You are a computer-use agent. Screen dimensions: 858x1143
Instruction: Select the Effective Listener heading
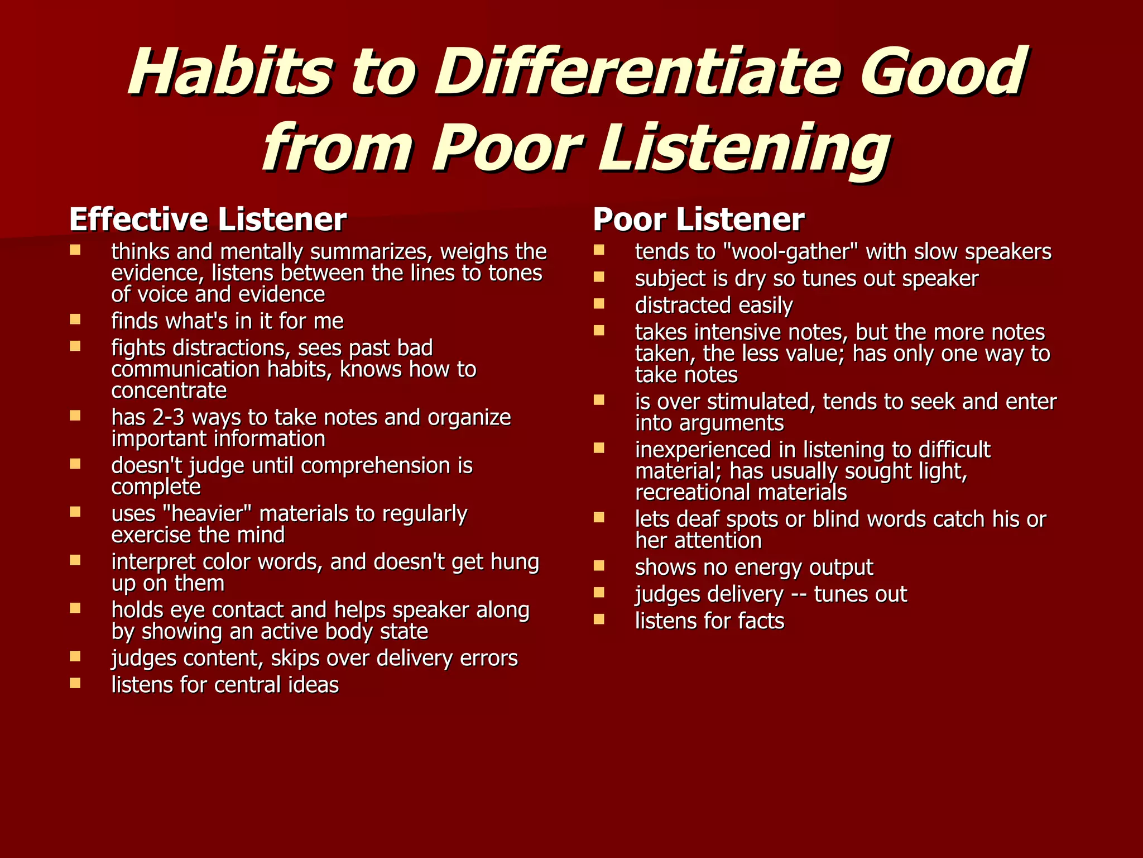(x=208, y=220)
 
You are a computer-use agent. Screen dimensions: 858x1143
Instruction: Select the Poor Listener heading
(x=698, y=220)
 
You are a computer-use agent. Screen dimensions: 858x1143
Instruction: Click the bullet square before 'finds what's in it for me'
(x=75, y=319)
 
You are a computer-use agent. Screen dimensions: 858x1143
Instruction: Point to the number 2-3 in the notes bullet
(x=168, y=418)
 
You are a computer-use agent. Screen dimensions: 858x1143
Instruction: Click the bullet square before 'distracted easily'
(x=599, y=303)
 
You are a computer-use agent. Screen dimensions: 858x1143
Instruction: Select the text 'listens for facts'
(x=709, y=621)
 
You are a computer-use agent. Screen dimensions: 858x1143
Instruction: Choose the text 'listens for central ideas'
(x=225, y=685)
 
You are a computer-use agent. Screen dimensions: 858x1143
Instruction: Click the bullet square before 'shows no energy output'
(x=599, y=565)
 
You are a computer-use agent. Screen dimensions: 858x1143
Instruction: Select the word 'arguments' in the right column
(x=732, y=423)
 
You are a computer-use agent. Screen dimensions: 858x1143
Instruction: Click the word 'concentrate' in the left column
(x=169, y=391)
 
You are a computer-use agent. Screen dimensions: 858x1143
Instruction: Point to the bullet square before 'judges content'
(x=75, y=656)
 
